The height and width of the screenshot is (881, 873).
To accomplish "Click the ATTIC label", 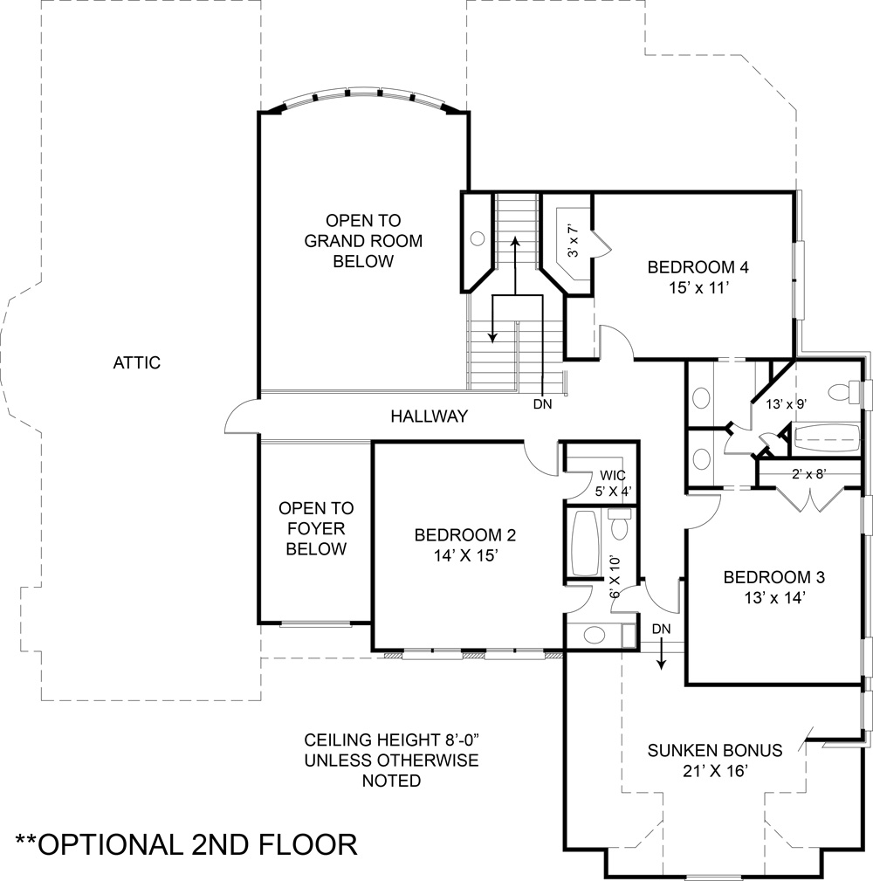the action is [x=136, y=363].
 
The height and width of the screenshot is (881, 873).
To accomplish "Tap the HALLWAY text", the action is [x=430, y=416].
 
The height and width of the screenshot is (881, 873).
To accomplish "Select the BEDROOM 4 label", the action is [x=698, y=267].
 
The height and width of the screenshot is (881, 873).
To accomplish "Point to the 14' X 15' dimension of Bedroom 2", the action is [x=465, y=555].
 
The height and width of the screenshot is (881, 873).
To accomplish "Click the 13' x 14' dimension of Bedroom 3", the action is [x=774, y=598].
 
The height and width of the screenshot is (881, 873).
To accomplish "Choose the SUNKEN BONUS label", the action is [x=715, y=751].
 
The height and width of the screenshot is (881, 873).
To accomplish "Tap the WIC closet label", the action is [x=612, y=476].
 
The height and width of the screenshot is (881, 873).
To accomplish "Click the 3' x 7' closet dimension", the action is [x=573, y=242].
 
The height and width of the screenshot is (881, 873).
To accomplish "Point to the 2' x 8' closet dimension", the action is [x=809, y=474].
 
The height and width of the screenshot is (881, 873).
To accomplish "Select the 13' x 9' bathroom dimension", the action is [x=787, y=404].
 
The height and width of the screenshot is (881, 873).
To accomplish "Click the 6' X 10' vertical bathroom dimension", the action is [x=615, y=577].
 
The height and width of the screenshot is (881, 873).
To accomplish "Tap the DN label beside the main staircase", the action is [x=543, y=404].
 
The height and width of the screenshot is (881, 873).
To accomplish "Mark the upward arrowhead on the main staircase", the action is [x=514, y=242].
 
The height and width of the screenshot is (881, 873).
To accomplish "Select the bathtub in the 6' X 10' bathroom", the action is [x=586, y=543].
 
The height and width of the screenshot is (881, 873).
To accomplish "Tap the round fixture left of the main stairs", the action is [x=478, y=238].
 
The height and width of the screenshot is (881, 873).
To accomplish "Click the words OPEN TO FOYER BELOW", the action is [x=316, y=529].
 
